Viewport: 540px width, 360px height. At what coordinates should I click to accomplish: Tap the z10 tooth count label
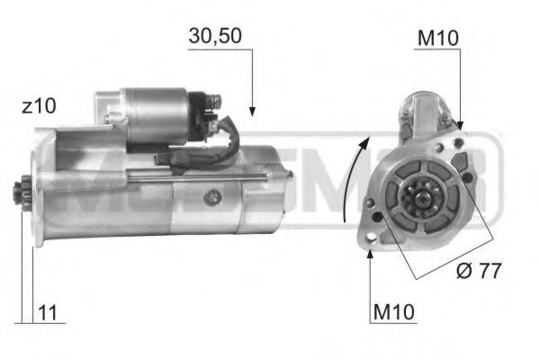pos(39,106)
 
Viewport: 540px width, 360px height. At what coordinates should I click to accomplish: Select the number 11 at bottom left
pos(49,313)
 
